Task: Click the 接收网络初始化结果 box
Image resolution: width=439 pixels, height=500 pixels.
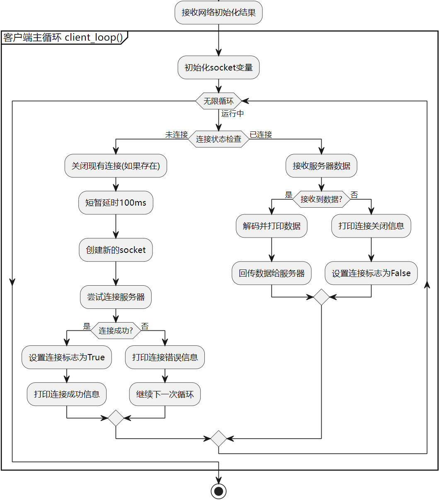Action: click(218, 12)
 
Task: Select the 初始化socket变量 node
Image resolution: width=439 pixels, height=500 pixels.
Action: click(218, 68)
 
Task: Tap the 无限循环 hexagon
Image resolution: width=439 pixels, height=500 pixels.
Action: click(218, 101)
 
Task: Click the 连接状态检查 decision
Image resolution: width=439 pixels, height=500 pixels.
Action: click(218, 139)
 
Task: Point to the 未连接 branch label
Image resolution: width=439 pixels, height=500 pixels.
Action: click(177, 134)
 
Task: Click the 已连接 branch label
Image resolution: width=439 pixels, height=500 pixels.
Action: click(261, 134)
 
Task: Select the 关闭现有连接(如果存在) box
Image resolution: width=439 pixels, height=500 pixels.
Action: click(116, 165)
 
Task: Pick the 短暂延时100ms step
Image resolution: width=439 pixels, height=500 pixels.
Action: click(116, 202)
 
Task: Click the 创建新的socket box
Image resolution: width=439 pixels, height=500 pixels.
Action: click(116, 250)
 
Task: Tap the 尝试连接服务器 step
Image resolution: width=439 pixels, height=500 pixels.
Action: click(116, 297)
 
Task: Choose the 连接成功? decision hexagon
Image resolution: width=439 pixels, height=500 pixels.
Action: click(116, 330)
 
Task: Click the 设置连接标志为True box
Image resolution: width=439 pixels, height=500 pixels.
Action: click(67, 357)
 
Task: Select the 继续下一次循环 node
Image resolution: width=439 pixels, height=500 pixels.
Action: click(165, 394)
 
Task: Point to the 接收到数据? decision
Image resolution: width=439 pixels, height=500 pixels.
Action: click(321, 199)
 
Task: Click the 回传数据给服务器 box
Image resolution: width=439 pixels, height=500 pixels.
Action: click(272, 273)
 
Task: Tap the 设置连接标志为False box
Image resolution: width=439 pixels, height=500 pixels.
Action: click(371, 273)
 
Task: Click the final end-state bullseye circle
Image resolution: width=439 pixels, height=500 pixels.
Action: click(218, 491)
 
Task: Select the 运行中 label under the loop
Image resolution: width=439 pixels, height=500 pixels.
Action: click(233, 114)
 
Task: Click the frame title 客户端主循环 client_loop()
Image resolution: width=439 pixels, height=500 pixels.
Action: click(63, 37)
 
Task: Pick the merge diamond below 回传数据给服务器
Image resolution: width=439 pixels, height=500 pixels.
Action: click(321, 297)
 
